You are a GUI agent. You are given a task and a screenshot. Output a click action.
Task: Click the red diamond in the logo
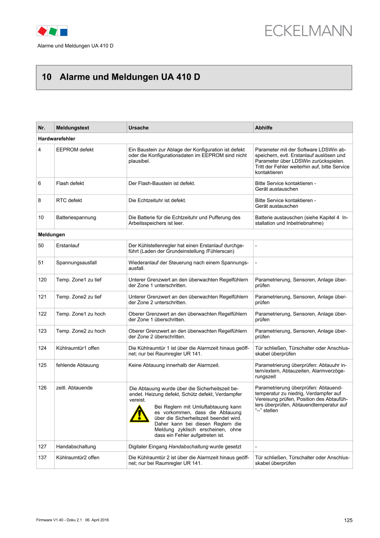pyautogui.click(x=42, y=31)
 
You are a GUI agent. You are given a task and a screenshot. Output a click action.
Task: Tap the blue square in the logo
pyautogui.click(x=63, y=31)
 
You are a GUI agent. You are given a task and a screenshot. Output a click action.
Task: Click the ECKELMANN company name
pyautogui.click(x=308, y=31)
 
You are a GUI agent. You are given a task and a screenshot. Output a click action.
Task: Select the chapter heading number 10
pyautogui.click(x=46, y=77)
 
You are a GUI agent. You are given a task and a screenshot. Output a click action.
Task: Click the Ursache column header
pyautogui.click(x=138, y=128)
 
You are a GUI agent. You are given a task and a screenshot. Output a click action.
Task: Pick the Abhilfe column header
pyautogui.click(x=264, y=128)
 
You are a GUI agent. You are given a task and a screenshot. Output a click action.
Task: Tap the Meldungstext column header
pyautogui.click(x=73, y=128)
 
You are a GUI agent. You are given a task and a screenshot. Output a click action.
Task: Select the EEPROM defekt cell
pyautogui.click(x=75, y=150)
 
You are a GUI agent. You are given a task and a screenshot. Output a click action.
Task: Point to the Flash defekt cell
pyautogui.click(x=70, y=183)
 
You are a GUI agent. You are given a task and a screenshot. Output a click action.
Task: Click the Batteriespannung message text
pyautogui.click(x=76, y=217)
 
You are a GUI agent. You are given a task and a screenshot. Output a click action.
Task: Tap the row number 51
pyautogui.click(x=42, y=262)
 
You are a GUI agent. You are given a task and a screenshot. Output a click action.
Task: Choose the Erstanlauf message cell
pyautogui.click(x=68, y=245)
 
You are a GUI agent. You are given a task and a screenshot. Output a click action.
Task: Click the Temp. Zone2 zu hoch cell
pyautogui.click(x=81, y=331)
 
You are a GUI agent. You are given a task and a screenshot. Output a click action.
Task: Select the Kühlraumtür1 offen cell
pyautogui.click(x=78, y=348)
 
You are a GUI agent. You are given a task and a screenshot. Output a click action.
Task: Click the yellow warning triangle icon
pyautogui.click(x=139, y=414)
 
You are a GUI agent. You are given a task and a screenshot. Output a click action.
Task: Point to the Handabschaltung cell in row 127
pyautogui.click(x=76, y=447)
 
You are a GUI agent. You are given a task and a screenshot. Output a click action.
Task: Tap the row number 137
pyautogui.click(x=42, y=458)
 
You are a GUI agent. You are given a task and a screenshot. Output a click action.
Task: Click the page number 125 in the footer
pyautogui.click(x=348, y=520)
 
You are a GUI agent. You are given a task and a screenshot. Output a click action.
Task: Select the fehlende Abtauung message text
pyautogui.click(x=77, y=365)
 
